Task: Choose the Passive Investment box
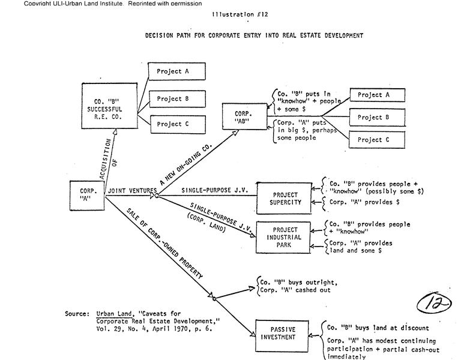(x=283, y=334)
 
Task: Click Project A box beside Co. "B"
(x=177, y=71)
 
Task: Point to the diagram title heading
(x=254, y=35)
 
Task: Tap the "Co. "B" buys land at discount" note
(x=378, y=328)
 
